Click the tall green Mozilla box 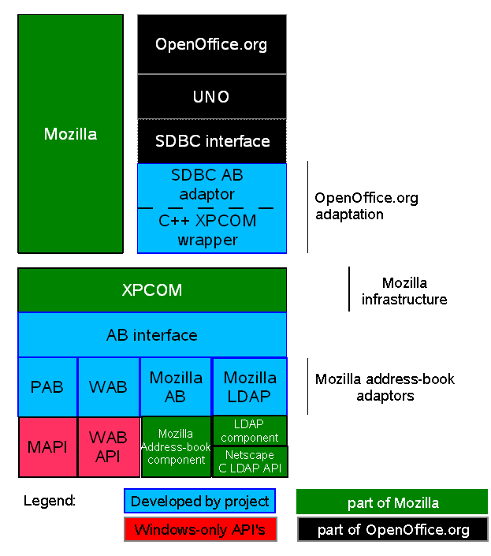click(x=70, y=134)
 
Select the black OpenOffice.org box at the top click(x=211, y=44)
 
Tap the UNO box click(x=211, y=97)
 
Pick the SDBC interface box click(x=212, y=141)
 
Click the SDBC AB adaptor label click(x=203, y=185)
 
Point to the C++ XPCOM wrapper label click(x=207, y=230)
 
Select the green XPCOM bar click(x=152, y=290)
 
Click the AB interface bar click(x=152, y=335)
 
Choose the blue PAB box click(x=47, y=387)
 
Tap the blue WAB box click(x=109, y=387)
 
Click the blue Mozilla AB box click(x=176, y=387)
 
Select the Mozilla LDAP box click(x=250, y=386)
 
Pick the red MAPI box click(x=47, y=447)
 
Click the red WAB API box click(x=109, y=447)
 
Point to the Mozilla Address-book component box click(x=176, y=447)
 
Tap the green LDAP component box click(x=250, y=431)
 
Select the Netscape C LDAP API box click(x=250, y=461)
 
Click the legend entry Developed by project click(x=200, y=502)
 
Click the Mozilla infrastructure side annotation click(x=404, y=291)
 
